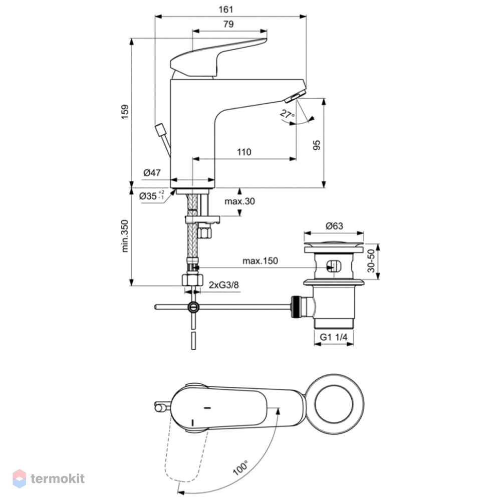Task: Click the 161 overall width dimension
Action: [x=226, y=10]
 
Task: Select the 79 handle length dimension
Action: [x=228, y=24]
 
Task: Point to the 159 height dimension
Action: [x=125, y=112]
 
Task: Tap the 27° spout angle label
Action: [x=287, y=114]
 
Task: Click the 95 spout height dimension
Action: [x=316, y=145]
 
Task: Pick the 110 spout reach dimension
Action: [x=244, y=152]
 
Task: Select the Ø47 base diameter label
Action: [x=152, y=173]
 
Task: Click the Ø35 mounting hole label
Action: [x=152, y=195]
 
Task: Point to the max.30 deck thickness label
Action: [x=239, y=201]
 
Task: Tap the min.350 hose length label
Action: [x=125, y=236]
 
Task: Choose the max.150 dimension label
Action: [x=260, y=261]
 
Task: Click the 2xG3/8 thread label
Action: [x=223, y=285]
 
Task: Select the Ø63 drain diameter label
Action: [x=334, y=226]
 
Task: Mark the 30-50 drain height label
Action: [x=371, y=261]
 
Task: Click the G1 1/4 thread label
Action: [x=334, y=337]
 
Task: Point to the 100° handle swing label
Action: [x=240, y=468]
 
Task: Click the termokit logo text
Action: [x=58, y=478]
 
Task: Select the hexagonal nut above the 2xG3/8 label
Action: [x=193, y=280]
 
